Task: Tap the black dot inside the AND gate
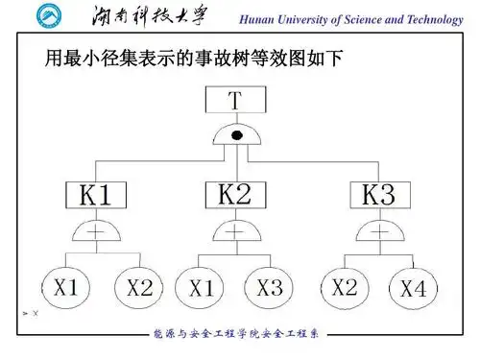235,137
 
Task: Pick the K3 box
377,196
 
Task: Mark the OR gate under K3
377,231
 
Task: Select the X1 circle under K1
65,286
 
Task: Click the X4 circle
413,287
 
